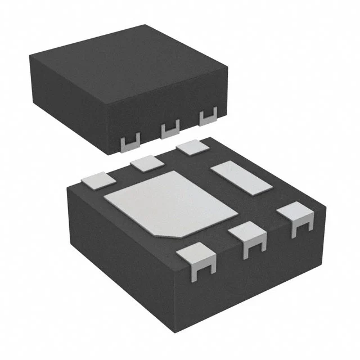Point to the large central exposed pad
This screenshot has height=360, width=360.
[169, 202]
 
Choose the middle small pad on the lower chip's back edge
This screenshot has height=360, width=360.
[147, 163]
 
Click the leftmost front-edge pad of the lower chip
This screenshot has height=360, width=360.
[196, 262]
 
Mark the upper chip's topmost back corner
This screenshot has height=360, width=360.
[147, 25]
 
